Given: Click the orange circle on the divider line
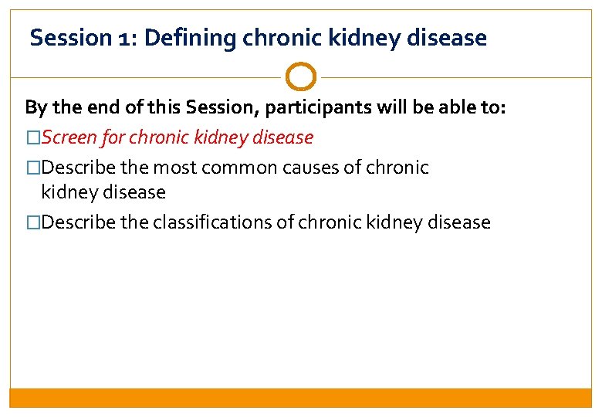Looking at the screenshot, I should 300,77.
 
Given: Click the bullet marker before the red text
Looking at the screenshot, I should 33,138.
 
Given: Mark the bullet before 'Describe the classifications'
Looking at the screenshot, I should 33,223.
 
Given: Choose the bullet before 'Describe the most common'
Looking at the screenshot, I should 33,168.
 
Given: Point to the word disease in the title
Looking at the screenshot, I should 451,37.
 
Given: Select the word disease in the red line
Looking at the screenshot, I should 282,137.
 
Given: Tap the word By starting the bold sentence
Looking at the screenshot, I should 36,107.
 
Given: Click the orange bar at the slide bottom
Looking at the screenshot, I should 300,397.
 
